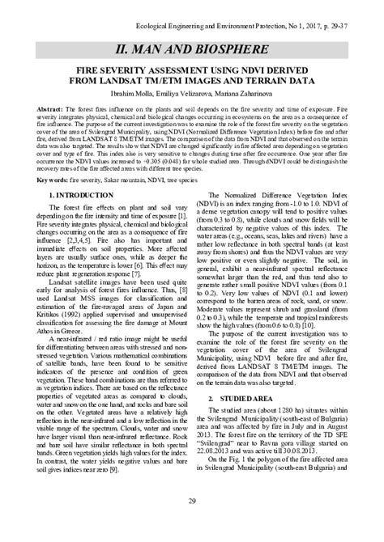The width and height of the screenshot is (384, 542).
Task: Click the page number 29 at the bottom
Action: coord(192,502)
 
